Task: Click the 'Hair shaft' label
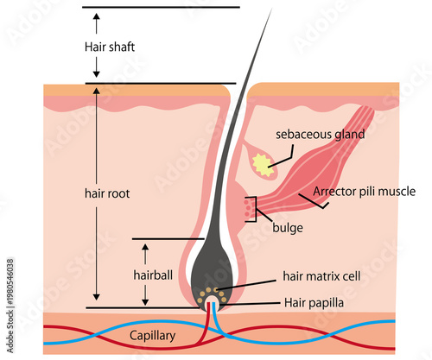point(110,47)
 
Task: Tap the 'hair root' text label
point(107,193)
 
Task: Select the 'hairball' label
point(153,275)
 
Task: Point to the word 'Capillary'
point(152,336)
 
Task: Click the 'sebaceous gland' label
point(321,135)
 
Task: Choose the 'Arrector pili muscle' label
point(365,192)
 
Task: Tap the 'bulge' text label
point(288,228)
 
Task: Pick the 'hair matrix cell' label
point(321,276)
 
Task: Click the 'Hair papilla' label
point(314,303)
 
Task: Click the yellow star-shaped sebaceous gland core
point(264,165)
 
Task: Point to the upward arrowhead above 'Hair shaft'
point(97,16)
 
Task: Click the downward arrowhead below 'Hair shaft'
point(97,74)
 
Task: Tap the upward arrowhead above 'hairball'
point(145,247)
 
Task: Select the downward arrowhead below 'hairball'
point(145,302)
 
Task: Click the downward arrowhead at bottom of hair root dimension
point(97,297)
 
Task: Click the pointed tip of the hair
point(271,9)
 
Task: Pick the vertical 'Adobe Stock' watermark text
point(10,306)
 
